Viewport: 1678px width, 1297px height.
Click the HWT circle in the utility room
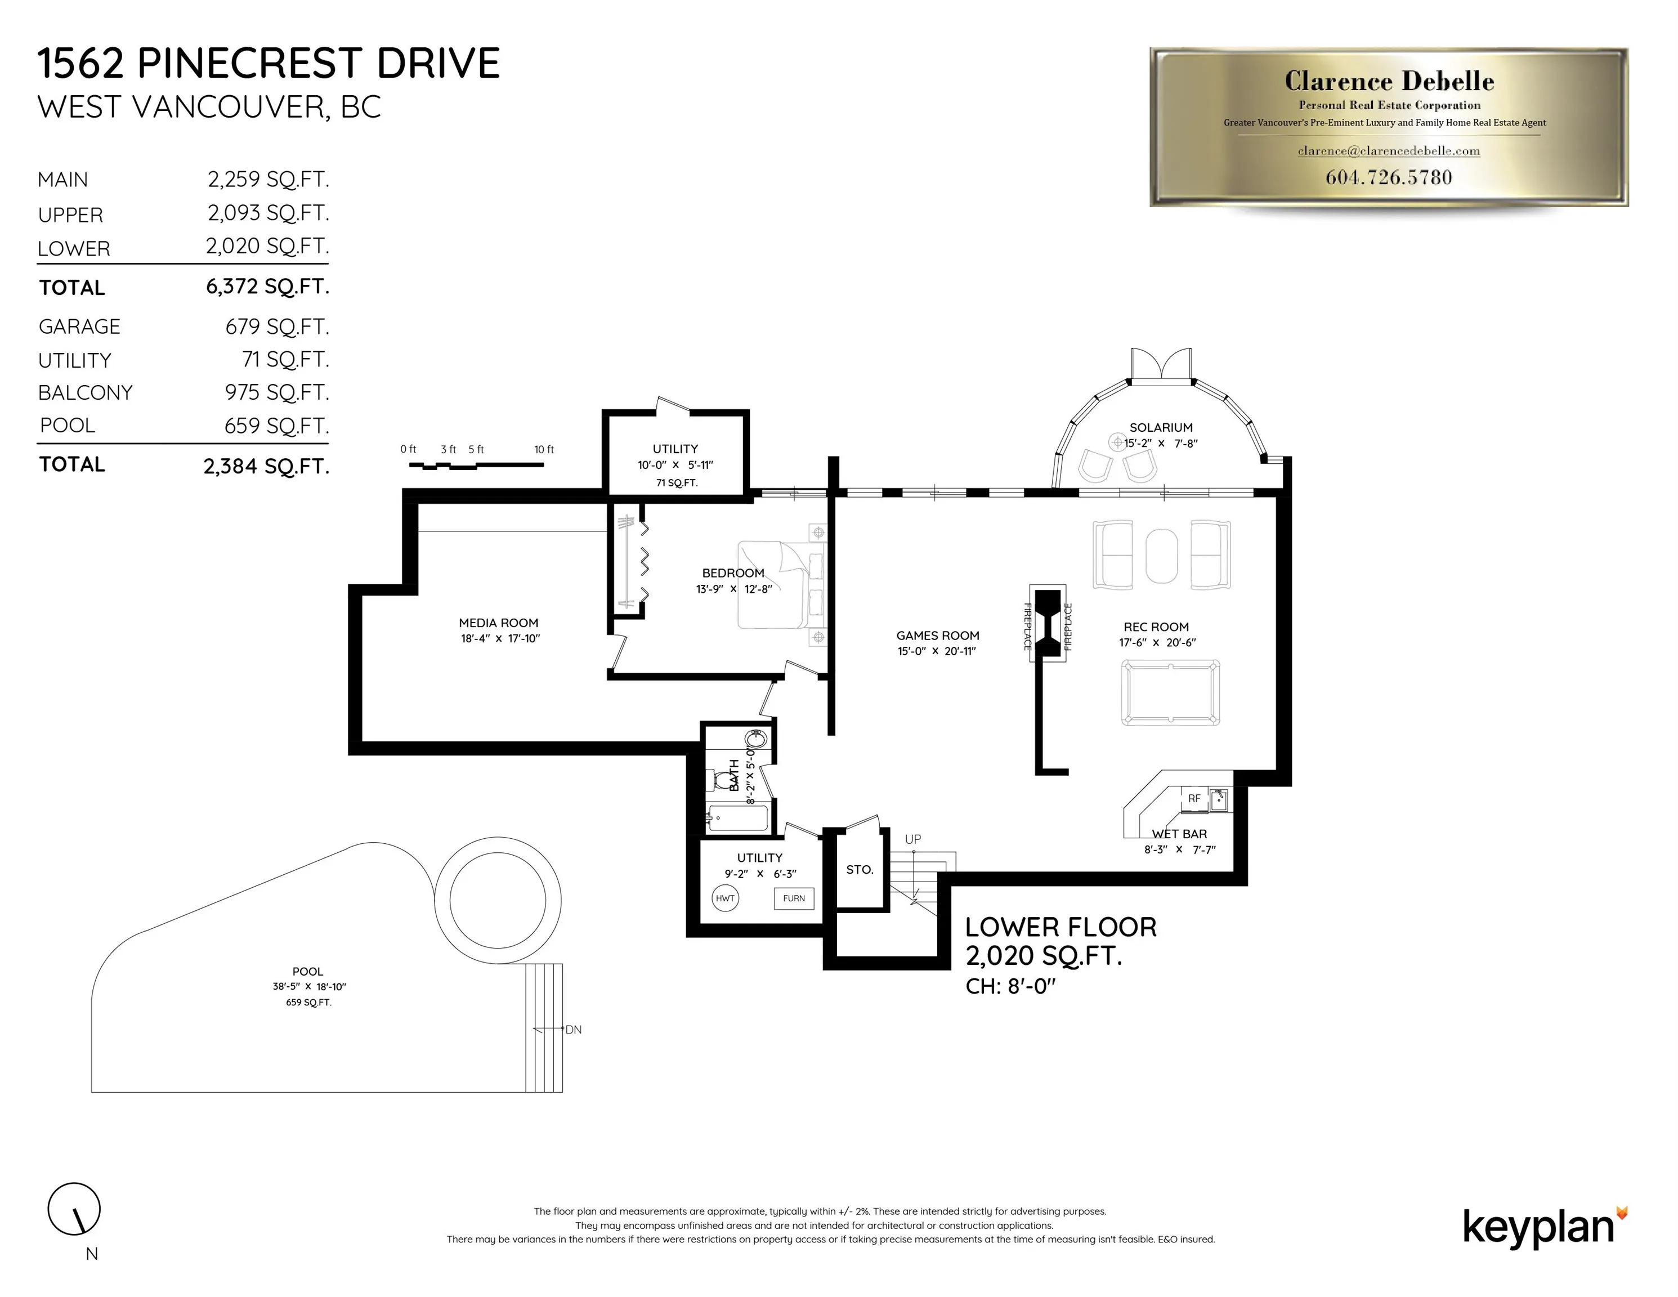(x=724, y=898)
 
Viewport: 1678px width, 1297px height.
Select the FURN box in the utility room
(x=794, y=898)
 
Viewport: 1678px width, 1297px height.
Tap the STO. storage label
(x=859, y=870)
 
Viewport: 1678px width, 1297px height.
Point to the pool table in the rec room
(x=1170, y=692)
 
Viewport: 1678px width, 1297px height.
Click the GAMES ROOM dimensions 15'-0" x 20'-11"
(x=937, y=651)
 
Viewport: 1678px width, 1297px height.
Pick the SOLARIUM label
(x=1160, y=427)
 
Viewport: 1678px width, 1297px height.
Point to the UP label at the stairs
(x=913, y=839)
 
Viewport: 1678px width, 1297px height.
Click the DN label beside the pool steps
(x=573, y=1030)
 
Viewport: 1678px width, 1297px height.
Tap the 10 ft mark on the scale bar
(x=543, y=449)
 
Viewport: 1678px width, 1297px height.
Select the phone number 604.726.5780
(x=1388, y=177)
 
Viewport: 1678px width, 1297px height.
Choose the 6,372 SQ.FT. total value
(x=267, y=287)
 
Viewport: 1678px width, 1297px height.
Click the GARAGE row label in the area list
(x=79, y=327)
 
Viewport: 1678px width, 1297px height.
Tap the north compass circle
(x=74, y=1209)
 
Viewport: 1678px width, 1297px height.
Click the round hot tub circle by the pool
(x=497, y=900)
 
